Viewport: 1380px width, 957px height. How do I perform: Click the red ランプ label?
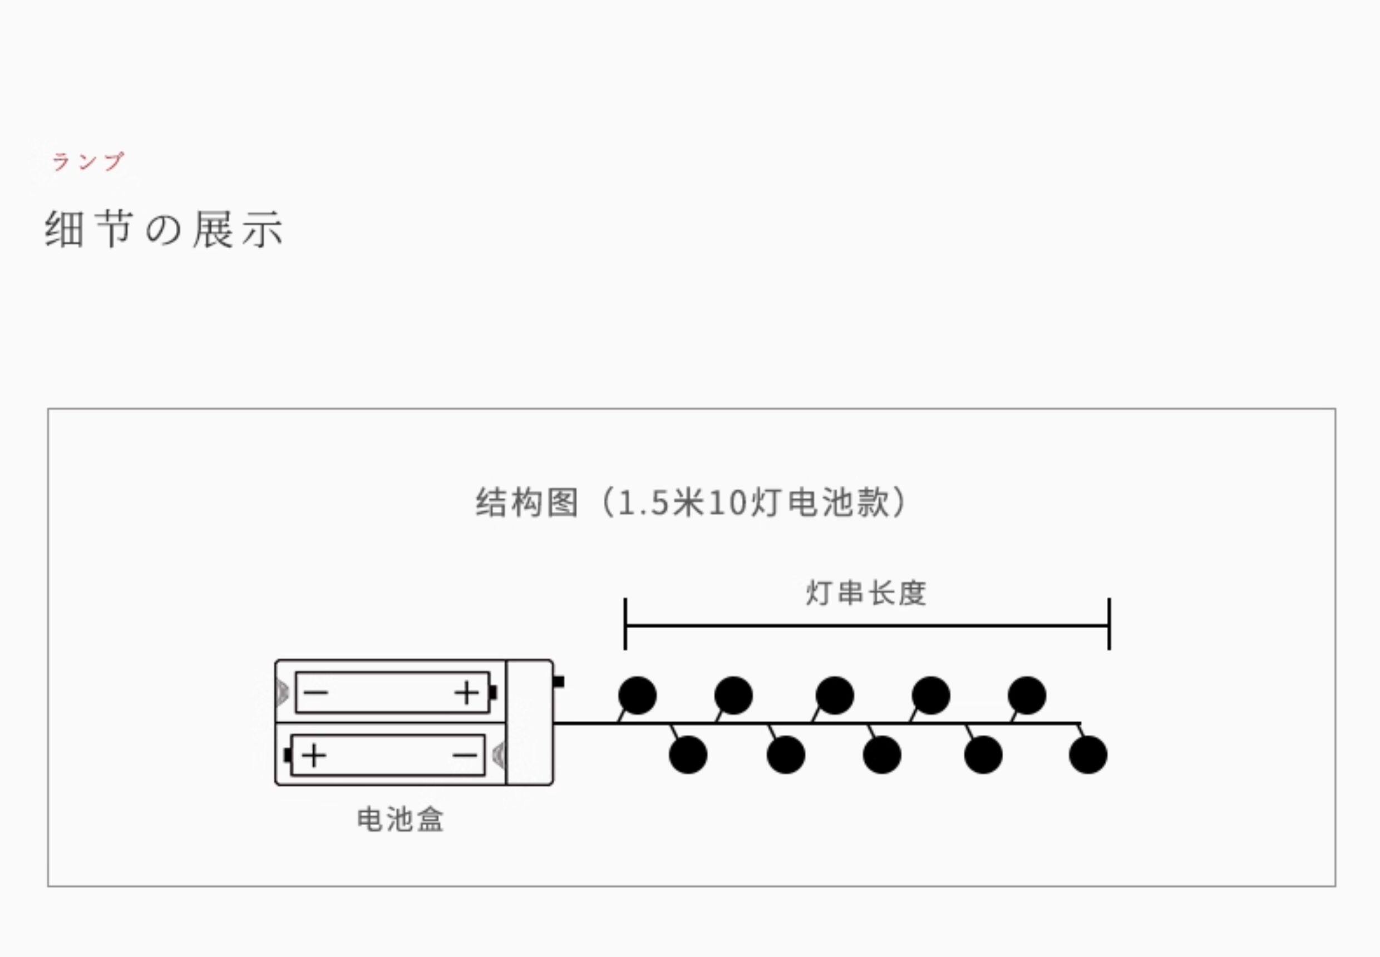pyautogui.click(x=87, y=161)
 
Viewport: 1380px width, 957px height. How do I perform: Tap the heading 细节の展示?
pyautogui.click(x=164, y=229)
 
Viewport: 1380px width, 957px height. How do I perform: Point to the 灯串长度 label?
pyautogui.click(x=866, y=594)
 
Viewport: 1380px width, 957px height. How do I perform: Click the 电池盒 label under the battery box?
pyautogui.click(x=400, y=819)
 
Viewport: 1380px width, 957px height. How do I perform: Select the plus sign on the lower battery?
pyautogui.click(x=314, y=756)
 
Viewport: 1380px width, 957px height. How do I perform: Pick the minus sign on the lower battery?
pyautogui.click(x=465, y=756)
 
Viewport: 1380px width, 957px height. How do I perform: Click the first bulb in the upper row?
pyautogui.click(x=637, y=695)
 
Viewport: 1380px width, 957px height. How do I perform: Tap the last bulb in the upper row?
pyautogui.click(x=1027, y=695)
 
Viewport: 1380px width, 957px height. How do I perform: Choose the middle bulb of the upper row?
pyautogui.click(x=834, y=695)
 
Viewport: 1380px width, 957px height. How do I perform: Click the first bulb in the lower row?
pyautogui.click(x=688, y=754)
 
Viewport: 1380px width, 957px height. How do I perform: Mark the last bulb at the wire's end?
pyautogui.click(x=1088, y=754)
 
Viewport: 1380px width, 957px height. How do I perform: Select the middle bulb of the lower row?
pyautogui.click(x=881, y=754)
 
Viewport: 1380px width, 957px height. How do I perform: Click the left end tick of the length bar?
pyautogui.click(x=625, y=624)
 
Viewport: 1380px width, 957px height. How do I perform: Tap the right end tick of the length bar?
pyautogui.click(x=1109, y=624)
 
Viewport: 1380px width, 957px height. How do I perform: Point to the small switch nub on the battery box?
pyautogui.click(x=559, y=682)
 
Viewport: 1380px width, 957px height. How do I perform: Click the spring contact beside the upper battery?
pyautogui.click(x=282, y=693)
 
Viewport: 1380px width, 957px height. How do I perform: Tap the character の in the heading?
pyautogui.click(x=163, y=230)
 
